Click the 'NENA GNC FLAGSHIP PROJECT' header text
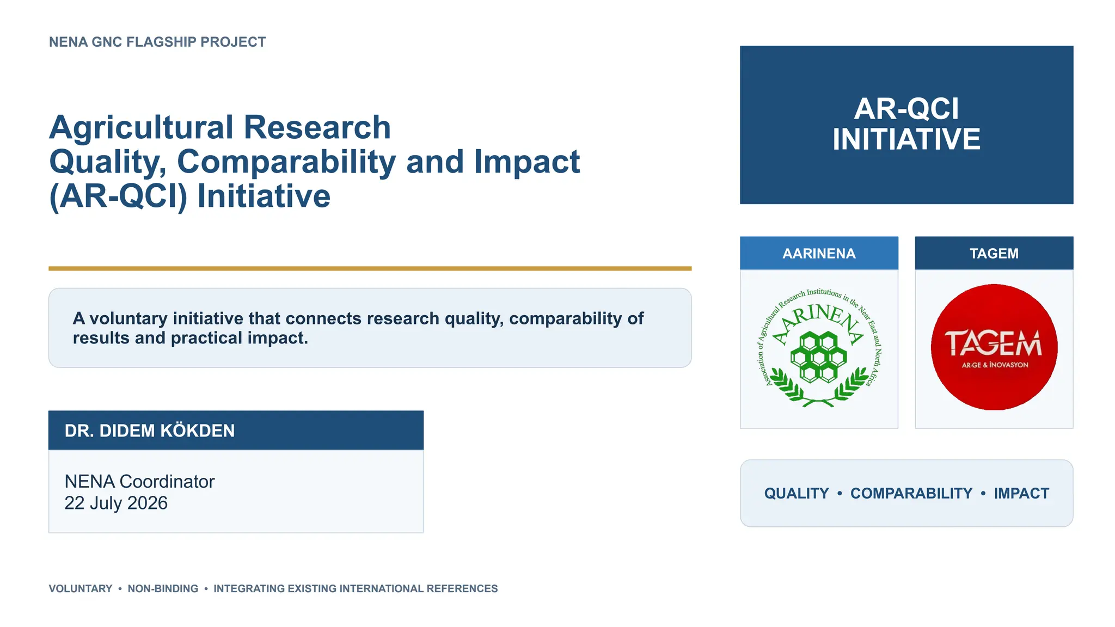[157, 42]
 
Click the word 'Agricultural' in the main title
[142, 128]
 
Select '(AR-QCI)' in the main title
[118, 196]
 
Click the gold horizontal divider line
[370, 268]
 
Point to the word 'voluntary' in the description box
[128, 319]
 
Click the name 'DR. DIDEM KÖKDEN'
[150, 431]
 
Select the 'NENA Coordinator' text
[139, 481]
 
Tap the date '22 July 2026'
[116, 503]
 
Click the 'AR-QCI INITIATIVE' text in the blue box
[906, 124]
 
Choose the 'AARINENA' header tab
[819, 253]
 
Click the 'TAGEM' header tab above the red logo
[994, 253]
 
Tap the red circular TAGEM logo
[994, 347]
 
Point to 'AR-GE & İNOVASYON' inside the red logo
[995, 365]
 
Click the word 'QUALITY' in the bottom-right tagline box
[797, 493]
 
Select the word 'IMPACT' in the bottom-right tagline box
[1021, 493]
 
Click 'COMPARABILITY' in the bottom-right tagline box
[911, 493]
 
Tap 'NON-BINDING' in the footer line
[163, 588]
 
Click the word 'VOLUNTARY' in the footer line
[81, 588]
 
